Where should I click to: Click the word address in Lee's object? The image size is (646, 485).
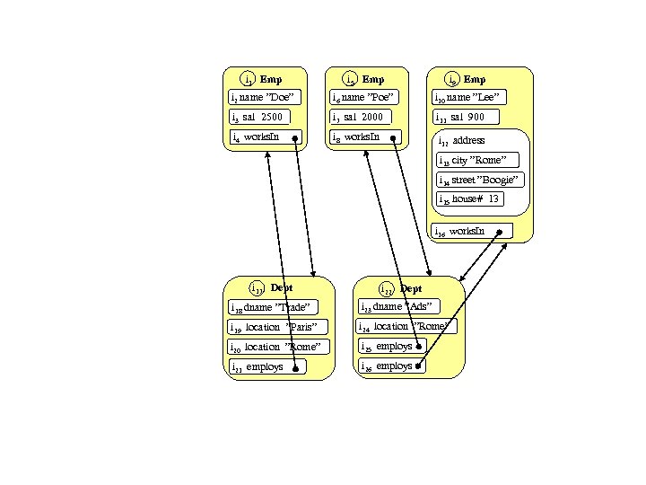[x=468, y=141]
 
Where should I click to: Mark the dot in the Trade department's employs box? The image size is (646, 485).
[x=295, y=366]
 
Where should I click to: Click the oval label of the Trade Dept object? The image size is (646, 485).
[x=258, y=288]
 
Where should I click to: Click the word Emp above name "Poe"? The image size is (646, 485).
[x=372, y=80]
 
